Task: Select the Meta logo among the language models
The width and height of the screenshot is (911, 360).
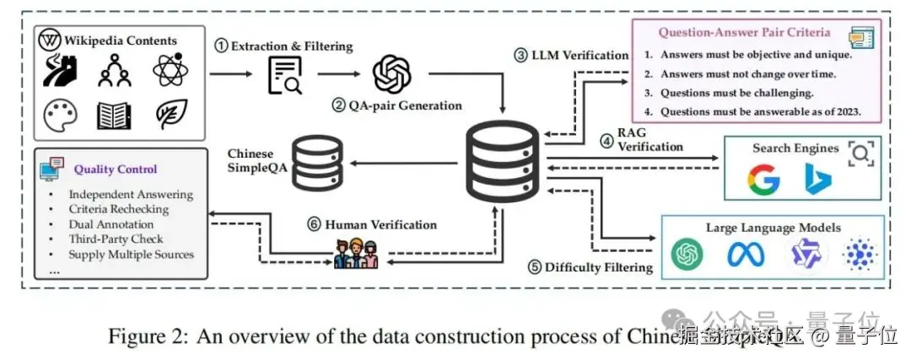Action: [745, 253]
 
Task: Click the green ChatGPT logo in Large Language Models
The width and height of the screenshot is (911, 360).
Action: [687, 253]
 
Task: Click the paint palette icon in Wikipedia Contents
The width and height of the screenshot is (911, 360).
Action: [59, 115]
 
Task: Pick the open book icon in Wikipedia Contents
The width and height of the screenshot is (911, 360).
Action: [114, 115]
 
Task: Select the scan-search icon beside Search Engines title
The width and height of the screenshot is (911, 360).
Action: [861, 151]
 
